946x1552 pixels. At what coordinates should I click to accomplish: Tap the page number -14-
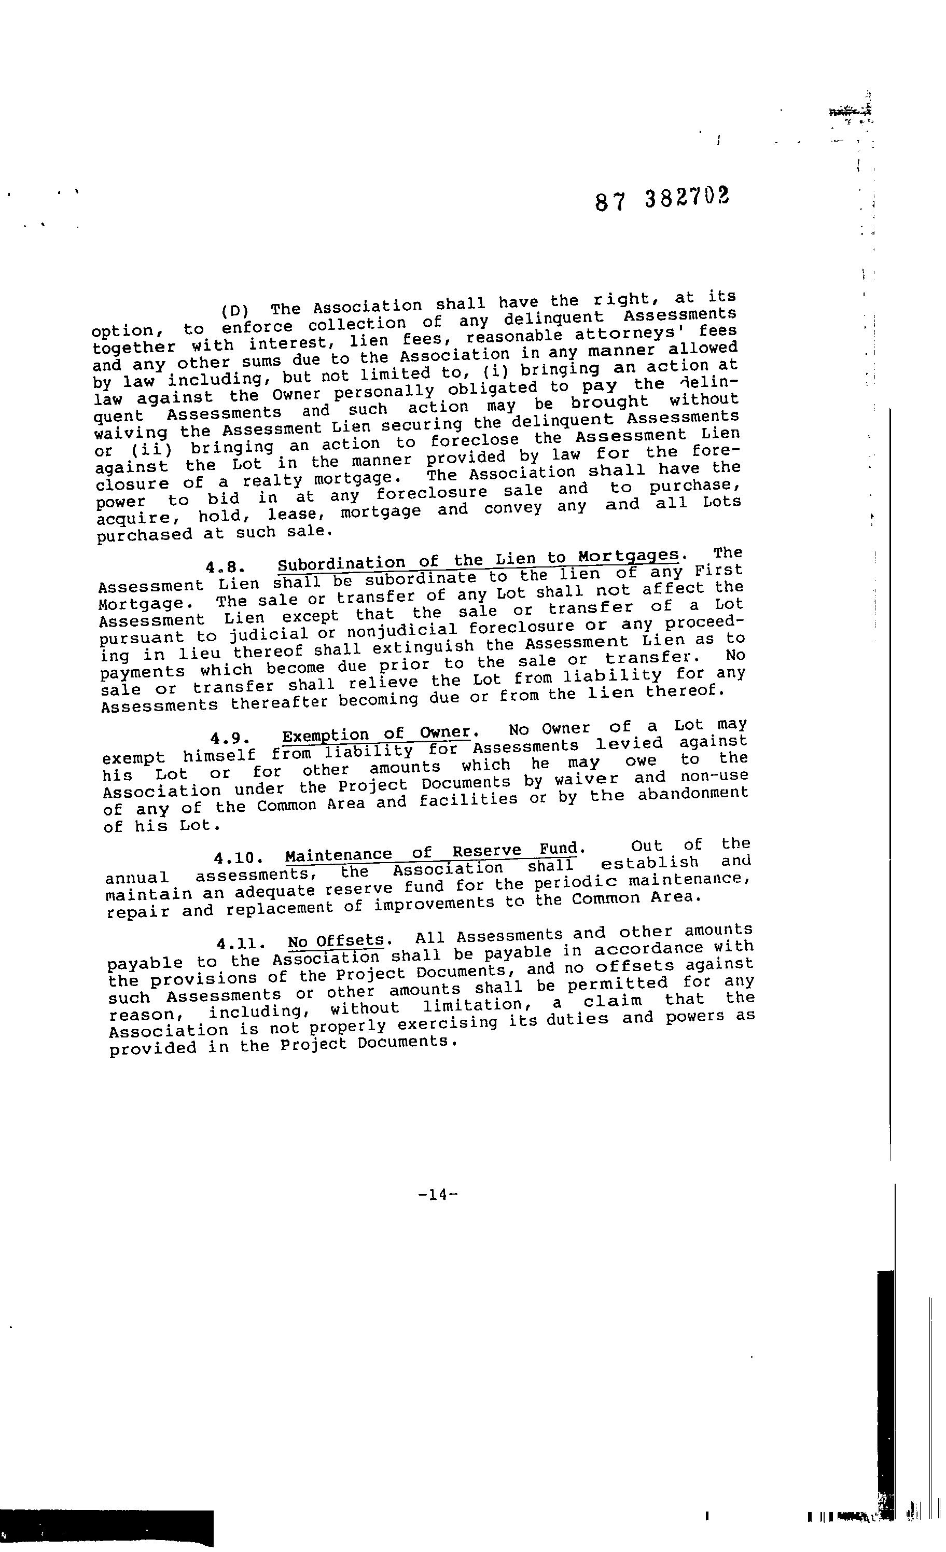(437, 1194)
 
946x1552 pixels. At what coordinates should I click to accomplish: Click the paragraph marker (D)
(235, 311)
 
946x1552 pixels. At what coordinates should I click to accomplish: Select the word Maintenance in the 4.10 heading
(338, 856)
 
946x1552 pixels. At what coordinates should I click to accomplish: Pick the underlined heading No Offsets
(336, 941)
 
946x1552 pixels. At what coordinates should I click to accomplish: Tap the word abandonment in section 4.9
(693, 793)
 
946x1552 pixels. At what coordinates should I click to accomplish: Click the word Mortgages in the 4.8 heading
(629, 556)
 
